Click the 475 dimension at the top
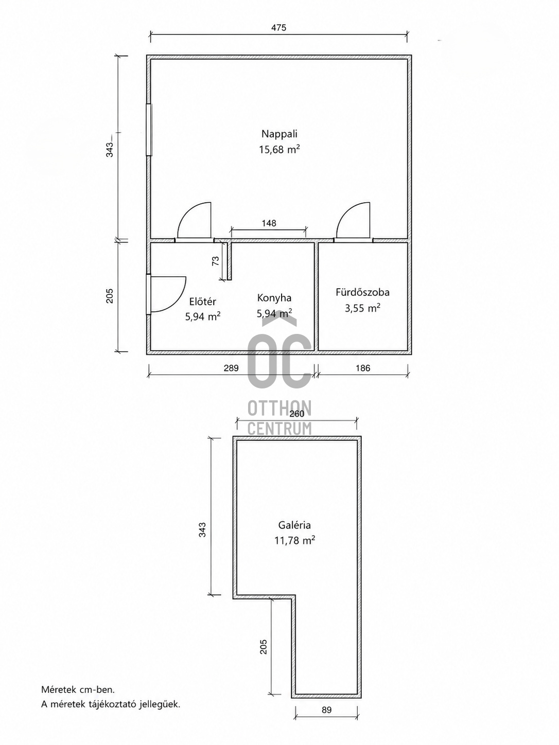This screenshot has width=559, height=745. click(278, 27)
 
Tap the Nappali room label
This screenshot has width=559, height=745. click(279, 134)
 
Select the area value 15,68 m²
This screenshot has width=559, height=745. click(279, 149)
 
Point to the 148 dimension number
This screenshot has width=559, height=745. click(269, 223)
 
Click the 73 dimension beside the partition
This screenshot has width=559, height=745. click(215, 261)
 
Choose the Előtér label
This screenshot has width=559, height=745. click(203, 301)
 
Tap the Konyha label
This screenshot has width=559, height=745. click(274, 298)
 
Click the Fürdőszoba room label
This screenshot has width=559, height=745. click(363, 292)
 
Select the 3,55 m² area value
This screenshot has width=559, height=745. click(362, 308)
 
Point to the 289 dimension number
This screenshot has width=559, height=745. click(231, 368)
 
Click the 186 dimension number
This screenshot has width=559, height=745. click(363, 368)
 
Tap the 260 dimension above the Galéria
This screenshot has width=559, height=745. click(297, 414)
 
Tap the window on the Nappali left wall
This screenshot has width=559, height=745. click(149, 130)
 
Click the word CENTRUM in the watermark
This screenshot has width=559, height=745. click(279, 429)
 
